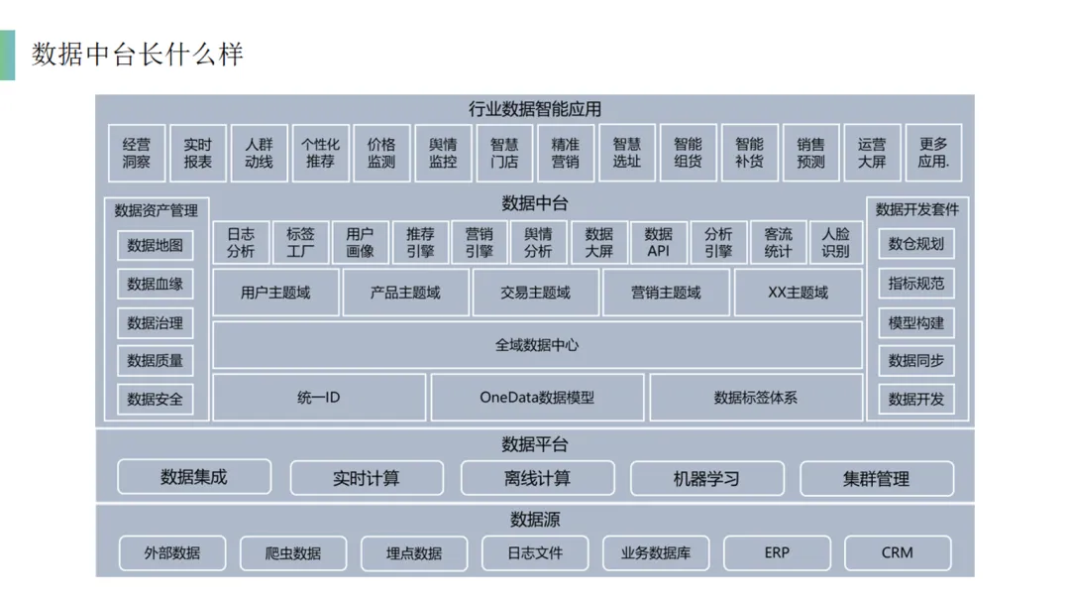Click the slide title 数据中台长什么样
137,54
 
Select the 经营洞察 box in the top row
137,153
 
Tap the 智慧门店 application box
504,153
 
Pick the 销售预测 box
810,153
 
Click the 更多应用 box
933,153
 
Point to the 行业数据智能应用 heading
535,109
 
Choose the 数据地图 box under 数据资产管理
156,245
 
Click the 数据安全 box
156,399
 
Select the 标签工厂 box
300,242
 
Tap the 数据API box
658,242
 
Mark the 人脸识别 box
836,242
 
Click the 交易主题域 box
535,293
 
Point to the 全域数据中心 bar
537,345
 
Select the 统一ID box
319,398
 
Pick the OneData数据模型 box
537,398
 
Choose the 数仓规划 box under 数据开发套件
916,244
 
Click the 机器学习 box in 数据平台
706,478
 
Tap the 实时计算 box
366,478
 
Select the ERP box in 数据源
777,552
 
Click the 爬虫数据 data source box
293,553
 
